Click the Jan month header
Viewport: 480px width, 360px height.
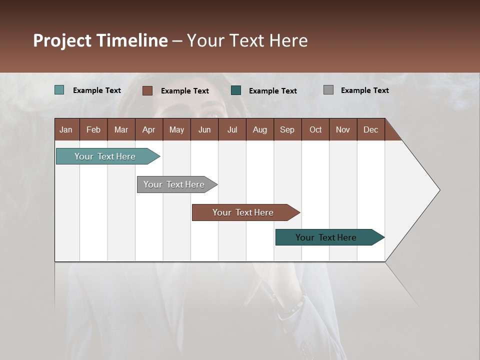click(x=66, y=129)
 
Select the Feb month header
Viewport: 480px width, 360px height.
click(x=93, y=129)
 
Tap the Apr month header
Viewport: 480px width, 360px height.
click(x=148, y=129)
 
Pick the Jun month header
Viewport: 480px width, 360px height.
click(x=204, y=129)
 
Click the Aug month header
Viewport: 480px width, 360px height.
click(x=259, y=129)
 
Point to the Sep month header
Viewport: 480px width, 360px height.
click(x=287, y=129)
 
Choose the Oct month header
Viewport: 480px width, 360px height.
click(x=315, y=129)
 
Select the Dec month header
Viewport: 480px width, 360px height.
click(x=370, y=129)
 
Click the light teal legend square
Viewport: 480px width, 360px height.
click(x=59, y=90)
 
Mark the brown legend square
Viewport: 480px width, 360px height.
click(x=147, y=90)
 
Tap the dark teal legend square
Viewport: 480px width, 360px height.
click(x=236, y=90)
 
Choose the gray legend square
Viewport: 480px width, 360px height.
click(x=328, y=90)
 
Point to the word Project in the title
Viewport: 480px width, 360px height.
click(x=62, y=40)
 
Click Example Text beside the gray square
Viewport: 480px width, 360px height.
click(x=364, y=90)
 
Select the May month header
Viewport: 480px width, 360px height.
click(x=176, y=129)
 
